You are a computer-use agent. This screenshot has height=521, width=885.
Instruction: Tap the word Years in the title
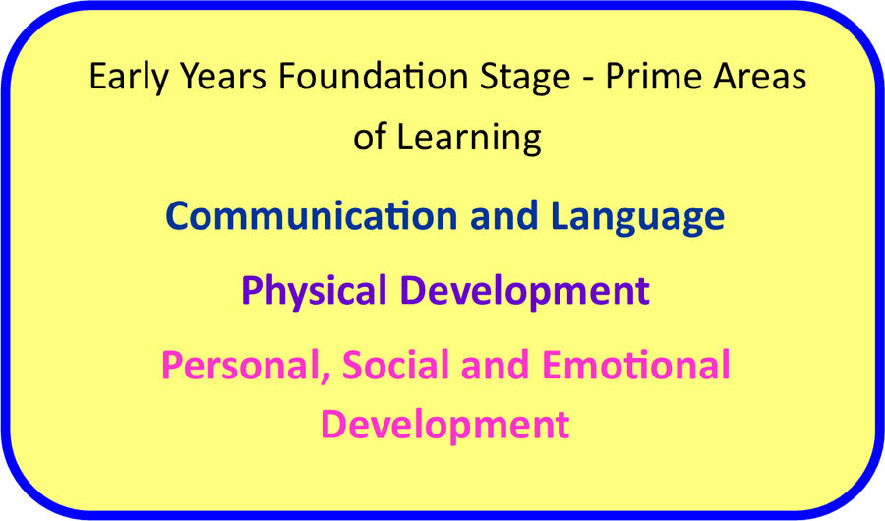pos(223,76)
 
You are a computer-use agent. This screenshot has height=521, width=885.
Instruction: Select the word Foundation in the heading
pos(373,76)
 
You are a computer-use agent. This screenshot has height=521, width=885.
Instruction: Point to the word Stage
pos(525,78)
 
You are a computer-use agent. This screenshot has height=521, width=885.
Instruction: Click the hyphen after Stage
pos(588,79)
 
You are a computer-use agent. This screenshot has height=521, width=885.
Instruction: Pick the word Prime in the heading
pos(653,76)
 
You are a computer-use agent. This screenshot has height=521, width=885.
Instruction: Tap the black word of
pos(370,136)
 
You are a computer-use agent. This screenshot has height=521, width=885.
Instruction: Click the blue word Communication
pos(311,215)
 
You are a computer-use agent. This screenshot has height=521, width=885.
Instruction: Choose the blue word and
pos(504,215)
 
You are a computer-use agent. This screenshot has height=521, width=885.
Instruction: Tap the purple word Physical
pos(314,292)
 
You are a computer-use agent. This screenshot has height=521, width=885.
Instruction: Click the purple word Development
pos(525,292)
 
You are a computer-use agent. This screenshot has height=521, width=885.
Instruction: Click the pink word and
pos(495,365)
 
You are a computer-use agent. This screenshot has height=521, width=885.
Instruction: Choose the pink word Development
pos(445,425)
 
